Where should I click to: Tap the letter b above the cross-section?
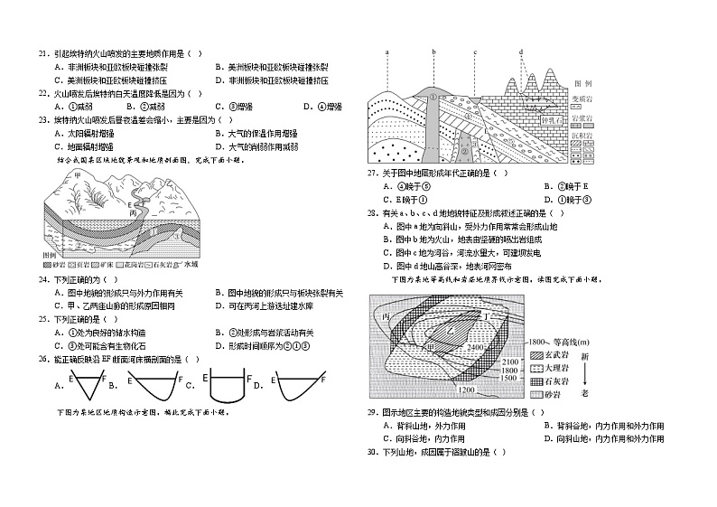pyautogui.click(x=433, y=52)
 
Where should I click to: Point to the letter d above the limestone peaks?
pyautogui.click(x=522, y=52)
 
